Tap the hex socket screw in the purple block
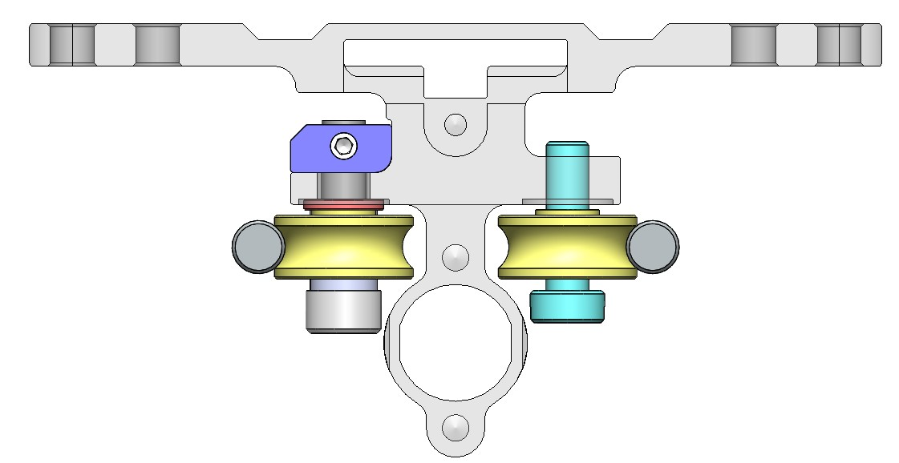(344, 146)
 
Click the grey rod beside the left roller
(257, 246)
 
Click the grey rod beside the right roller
(653, 246)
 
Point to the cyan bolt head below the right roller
(567, 306)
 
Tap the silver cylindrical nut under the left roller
(342, 312)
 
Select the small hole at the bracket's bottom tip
(456, 426)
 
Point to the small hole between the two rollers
(456, 256)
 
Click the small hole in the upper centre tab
(456, 124)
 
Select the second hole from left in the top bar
(156, 44)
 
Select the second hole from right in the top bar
(754, 44)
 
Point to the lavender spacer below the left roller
(342, 285)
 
